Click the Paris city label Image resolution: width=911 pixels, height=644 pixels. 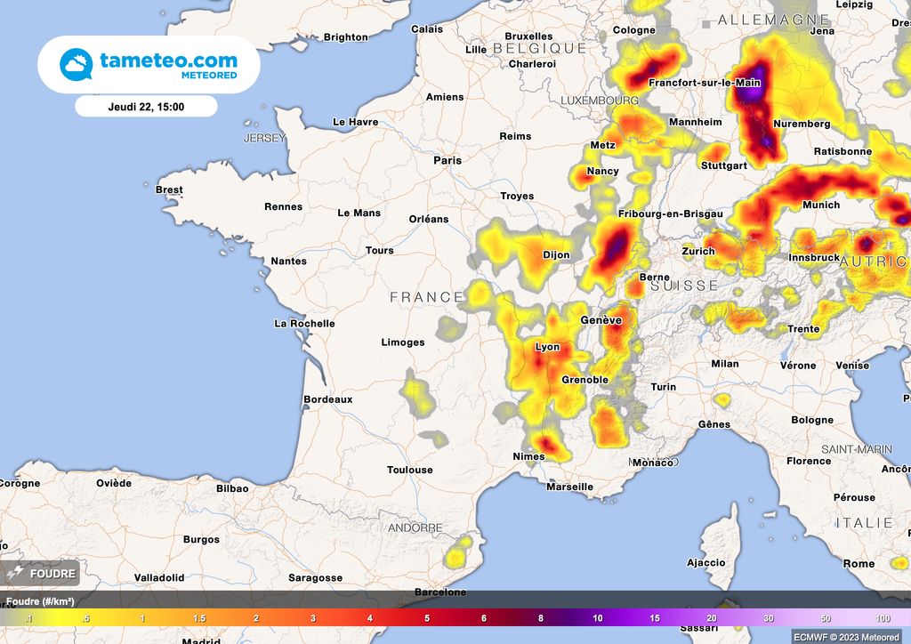pyautogui.click(x=447, y=161)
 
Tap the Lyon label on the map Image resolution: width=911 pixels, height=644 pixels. pyautogui.click(x=547, y=347)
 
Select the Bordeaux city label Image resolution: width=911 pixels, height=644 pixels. pyautogui.click(x=328, y=399)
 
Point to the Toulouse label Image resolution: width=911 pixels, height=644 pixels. pyautogui.click(x=410, y=470)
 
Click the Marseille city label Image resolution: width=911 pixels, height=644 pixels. pyautogui.click(x=569, y=487)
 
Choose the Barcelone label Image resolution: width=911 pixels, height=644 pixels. pyautogui.click(x=441, y=592)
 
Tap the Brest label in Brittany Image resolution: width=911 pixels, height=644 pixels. pyautogui.click(x=169, y=189)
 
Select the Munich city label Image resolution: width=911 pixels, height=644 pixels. pyautogui.click(x=820, y=205)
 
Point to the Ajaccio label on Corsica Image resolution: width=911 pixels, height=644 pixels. pyautogui.click(x=706, y=562)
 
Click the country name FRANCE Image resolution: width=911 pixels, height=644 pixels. pyautogui.click(x=427, y=297)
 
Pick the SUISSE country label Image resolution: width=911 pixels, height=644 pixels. pyautogui.click(x=684, y=286)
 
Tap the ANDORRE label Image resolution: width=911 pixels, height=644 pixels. pyautogui.click(x=415, y=527)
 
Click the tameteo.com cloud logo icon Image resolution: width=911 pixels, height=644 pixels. pyautogui.click(x=76, y=64)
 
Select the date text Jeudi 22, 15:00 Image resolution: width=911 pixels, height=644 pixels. pyautogui.click(x=146, y=106)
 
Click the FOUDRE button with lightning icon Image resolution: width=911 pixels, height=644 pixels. pyautogui.click(x=43, y=573)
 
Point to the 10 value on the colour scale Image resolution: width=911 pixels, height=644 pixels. pyautogui.click(x=598, y=618)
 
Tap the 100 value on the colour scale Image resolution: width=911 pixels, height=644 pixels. pyautogui.click(x=883, y=618)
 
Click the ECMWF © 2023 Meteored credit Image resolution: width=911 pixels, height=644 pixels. pyautogui.click(x=846, y=637)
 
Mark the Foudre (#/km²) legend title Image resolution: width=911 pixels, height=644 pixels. pyautogui.click(x=40, y=601)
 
